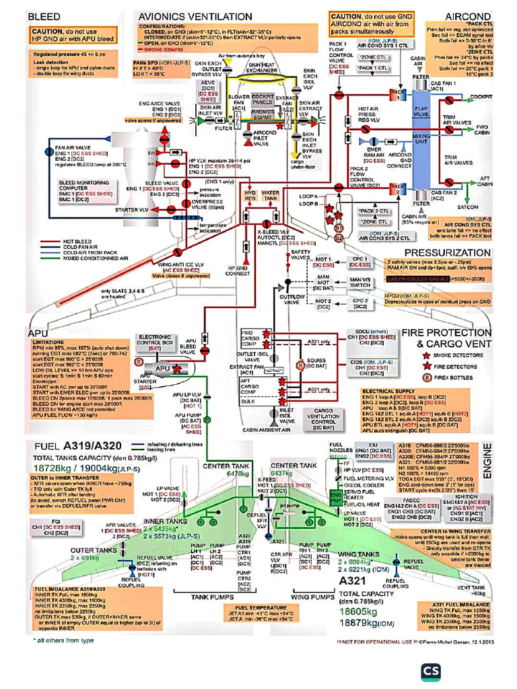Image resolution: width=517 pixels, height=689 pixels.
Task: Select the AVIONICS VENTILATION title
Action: tap(195, 15)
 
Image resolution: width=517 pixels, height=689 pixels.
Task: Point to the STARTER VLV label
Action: tap(131, 211)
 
